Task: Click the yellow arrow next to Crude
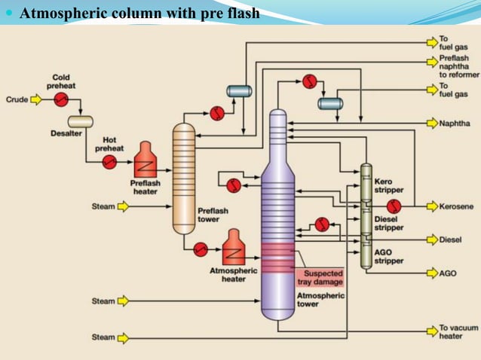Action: (35, 99)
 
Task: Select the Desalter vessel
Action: (80, 121)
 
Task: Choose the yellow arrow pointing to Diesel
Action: (430, 239)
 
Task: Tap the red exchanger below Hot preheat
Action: (110, 161)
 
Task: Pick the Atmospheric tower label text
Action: (320, 301)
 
